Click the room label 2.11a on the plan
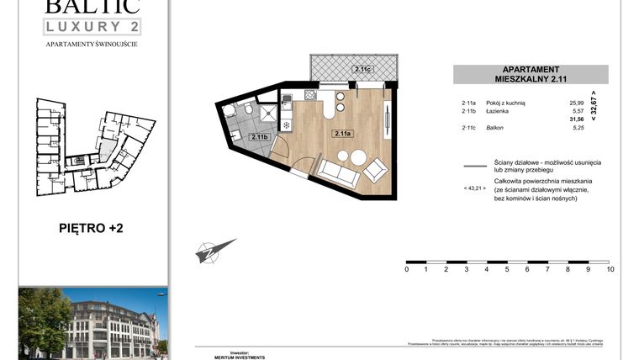(341, 133)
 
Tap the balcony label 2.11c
(362, 70)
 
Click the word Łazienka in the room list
(497, 111)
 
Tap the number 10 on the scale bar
(610, 270)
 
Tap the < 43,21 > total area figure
(475, 189)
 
